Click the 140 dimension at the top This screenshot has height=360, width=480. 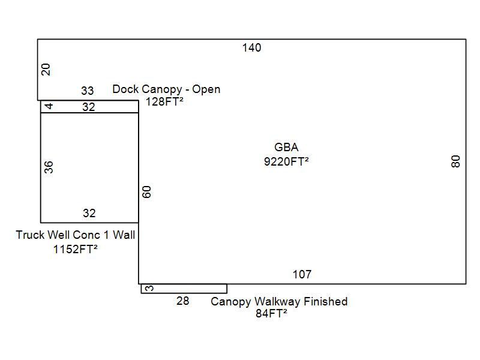click(251, 48)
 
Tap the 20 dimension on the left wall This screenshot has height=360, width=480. click(46, 70)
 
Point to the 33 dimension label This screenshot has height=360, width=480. click(87, 91)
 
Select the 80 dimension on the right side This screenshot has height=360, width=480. click(455, 161)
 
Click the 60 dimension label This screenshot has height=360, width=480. click(147, 192)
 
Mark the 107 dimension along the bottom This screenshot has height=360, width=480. click(302, 274)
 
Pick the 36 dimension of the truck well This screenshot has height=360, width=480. click(49, 167)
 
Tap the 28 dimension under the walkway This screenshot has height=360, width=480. click(183, 301)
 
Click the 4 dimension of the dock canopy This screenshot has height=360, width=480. click(49, 106)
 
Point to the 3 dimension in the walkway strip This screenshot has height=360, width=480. click(149, 289)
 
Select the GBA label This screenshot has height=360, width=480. click(286, 147)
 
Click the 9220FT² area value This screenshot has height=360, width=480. click(286, 161)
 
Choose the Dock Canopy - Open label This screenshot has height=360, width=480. click(166, 89)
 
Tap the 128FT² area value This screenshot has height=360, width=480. click(164, 101)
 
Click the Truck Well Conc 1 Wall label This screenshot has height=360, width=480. click(76, 235)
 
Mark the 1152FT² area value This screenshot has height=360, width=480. click(76, 249)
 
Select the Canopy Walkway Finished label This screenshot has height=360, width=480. click(279, 302)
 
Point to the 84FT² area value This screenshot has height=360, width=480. click(272, 313)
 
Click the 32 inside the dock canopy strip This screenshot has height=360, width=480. click(89, 107)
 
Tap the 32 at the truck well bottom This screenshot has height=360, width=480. click(89, 213)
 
